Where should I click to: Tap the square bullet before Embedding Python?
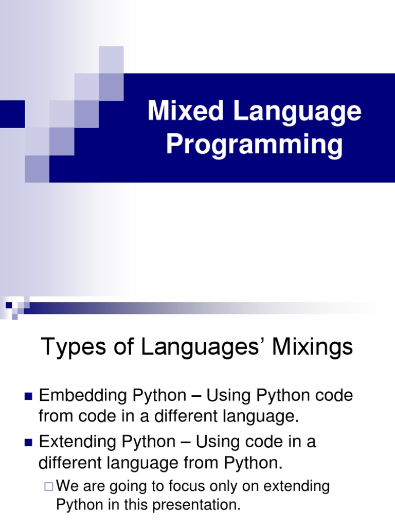(28, 396)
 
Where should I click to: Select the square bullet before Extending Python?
(28, 442)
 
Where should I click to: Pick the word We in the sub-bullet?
(67, 486)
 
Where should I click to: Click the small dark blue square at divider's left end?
(9, 305)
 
